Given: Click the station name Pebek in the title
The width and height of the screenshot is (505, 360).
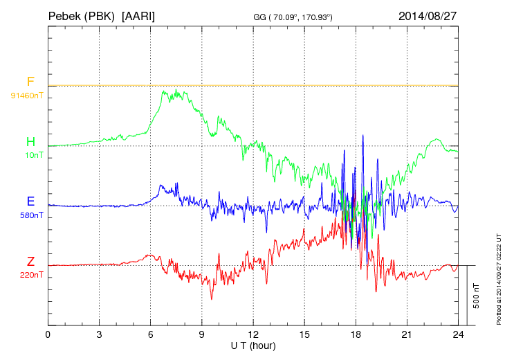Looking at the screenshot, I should pyautogui.click(x=64, y=15).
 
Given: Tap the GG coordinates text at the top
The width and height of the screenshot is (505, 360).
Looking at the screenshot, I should pyautogui.click(x=293, y=16).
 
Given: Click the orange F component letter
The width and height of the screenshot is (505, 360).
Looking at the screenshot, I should pyautogui.click(x=30, y=82).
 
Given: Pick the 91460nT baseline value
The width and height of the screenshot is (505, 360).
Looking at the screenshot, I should pyautogui.click(x=26, y=95).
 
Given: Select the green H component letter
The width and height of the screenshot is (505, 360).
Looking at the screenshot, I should pyautogui.click(x=30, y=142).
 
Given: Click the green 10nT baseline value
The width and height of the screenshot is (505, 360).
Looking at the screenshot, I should pyautogui.click(x=34, y=155).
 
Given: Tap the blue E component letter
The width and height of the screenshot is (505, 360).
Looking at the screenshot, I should pyautogui.click(x=30, y=202).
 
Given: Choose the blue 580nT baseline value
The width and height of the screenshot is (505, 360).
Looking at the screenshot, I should pyautogui.click(x=32, y=215).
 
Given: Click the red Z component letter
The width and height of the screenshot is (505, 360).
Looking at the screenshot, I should pyautogui.click(x=30, y=262).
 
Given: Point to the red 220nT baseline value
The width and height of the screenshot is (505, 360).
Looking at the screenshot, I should pyautogui.click(x=32, y=275).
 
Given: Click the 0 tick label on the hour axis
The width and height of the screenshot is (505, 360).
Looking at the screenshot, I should pyautogui.click(x=48, y=334).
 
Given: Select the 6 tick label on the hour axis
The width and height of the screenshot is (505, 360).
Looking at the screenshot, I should pyautogui.click(x=151, y=334).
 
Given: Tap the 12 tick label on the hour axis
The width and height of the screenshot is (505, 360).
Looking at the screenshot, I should pyautogui.click(x=253, y=334).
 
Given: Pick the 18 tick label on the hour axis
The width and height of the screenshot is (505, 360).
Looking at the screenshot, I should pyautogui.click(x=356, y=334).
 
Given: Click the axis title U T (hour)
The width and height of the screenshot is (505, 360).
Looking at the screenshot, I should pyautogui.click(x=253, y=345).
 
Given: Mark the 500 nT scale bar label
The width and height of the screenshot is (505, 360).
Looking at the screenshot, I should pyautogui.click(x=477, y=296).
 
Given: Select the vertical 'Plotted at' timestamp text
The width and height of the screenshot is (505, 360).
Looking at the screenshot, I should pyautogui.click(x=498, y=277).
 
